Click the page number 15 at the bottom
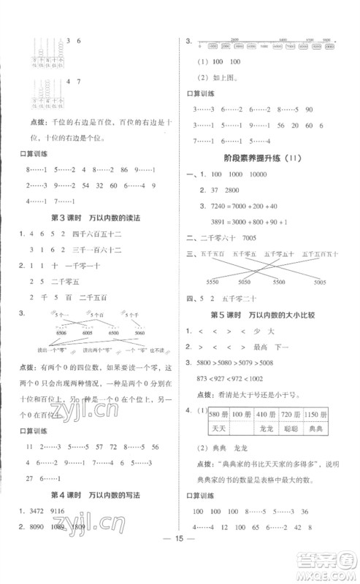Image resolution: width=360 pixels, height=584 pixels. pyautogui.click(x=180, y=561)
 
